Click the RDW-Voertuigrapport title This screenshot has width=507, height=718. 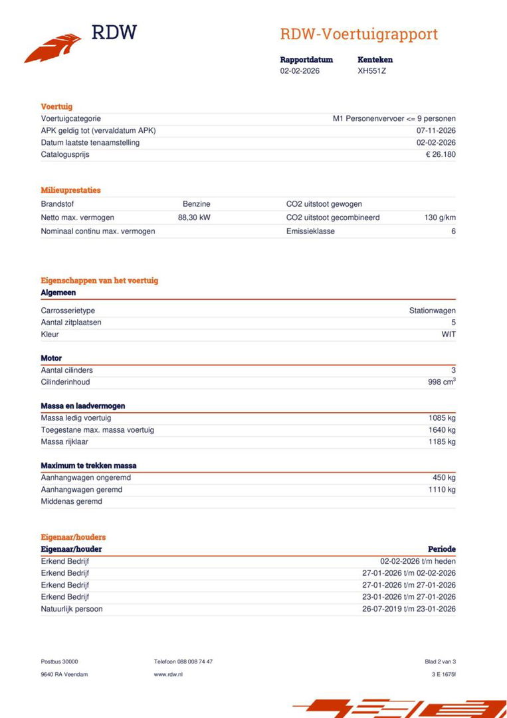[359, 34]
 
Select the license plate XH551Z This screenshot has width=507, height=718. [371, 70]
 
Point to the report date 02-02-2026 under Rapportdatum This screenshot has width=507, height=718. [300, 70]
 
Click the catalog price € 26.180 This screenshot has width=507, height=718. [441, 154]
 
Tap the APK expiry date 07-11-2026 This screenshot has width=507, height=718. [436, 130]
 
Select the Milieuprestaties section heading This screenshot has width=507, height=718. [71, 190]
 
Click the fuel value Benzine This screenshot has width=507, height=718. [197, 204]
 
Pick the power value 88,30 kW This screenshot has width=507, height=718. [194, 217]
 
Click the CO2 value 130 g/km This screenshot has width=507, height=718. [440, 217]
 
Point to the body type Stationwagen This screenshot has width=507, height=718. [432, 310]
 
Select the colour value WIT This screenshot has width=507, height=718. [449, 334]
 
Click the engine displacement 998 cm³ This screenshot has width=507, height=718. [441, 382]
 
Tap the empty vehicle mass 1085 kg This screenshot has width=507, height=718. [442, 418]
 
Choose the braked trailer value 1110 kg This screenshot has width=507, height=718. [442, 490]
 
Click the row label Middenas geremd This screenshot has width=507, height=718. [72, 501]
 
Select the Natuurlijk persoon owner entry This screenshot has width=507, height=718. [72, 609]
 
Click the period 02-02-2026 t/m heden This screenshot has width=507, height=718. [418, 561]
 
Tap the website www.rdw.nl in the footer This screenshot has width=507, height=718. [168, 674]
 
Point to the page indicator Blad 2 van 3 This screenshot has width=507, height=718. [440, 661]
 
